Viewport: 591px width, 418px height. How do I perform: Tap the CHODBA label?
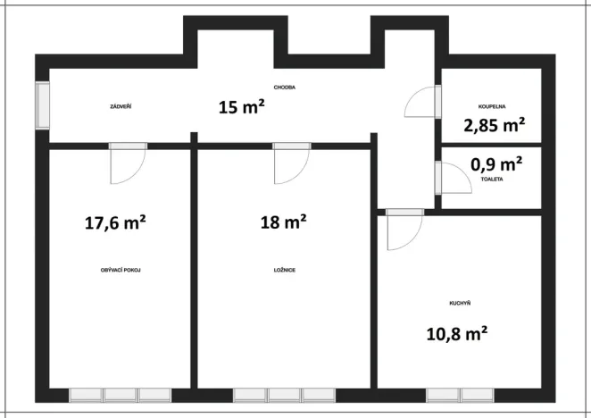click(285, 88)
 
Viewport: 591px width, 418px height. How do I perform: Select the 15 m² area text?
click(242, 107)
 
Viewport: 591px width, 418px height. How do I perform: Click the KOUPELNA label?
click(492, 105)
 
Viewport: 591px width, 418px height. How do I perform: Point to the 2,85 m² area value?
click(494, 125)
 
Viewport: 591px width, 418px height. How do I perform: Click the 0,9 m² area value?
click(496, 164)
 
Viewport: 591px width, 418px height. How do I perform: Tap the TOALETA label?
click(492, 179)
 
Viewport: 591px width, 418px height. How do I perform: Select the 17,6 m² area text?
click(115, 222)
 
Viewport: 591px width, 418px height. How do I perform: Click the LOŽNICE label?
click(285, 270)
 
